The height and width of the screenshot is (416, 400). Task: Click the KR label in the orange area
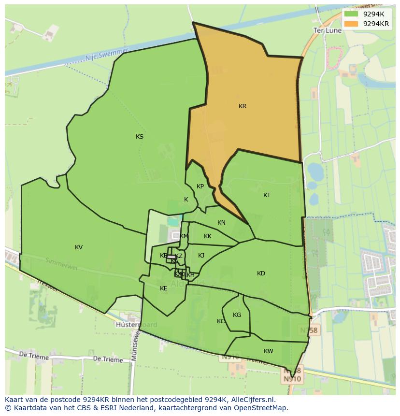coord(243,106)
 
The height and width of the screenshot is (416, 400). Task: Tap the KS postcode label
coord(140,137)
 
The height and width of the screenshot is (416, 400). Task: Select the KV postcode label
coord(79,247)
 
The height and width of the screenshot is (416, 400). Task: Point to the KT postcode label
coord(267,195)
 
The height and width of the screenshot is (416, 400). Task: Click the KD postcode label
coord(261,273)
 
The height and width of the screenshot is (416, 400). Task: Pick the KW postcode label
coord(269,351)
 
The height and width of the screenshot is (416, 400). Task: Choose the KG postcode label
coord(237,315)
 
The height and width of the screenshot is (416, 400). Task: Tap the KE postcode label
coord(164,288)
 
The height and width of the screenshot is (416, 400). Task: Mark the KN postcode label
coord(221,223)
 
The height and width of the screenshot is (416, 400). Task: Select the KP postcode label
coord(200,186)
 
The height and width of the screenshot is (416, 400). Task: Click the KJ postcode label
coord(201,256)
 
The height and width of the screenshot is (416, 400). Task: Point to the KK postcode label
coord(208,236)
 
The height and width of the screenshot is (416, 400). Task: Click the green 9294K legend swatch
coord(351,14)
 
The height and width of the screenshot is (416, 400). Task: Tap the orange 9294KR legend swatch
coord(351,24)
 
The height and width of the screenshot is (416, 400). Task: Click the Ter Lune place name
coord(327,30)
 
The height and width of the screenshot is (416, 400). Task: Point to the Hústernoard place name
coord(137,325)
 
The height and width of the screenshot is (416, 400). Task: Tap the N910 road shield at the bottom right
coord(292,379)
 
